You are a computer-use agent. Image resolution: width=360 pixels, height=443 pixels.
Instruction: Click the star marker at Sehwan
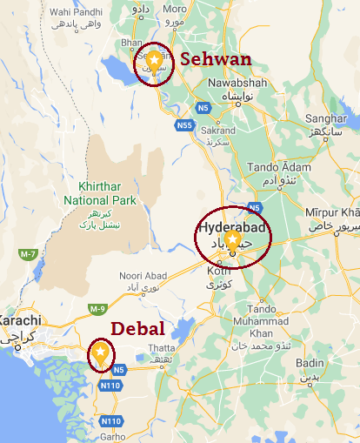click(x=154, y=60)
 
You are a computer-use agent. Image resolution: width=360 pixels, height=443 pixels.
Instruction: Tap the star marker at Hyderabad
click(x=232, y=238)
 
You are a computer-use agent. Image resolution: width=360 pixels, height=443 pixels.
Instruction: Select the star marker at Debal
click(x=100, y=352)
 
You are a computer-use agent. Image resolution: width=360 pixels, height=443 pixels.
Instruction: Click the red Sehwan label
click(x=216, y=59)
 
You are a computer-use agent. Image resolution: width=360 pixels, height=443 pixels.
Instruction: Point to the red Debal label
click(x=137, y=330)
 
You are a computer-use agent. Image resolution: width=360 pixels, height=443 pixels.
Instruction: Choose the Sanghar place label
click(x=327, y=120)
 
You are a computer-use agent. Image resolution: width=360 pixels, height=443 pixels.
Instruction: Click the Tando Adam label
click(x=278, y=167)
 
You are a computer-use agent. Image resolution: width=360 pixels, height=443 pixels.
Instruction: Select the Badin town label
click(x=310, y=363)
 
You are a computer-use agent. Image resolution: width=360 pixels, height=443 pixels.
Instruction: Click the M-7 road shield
click(x=29, y=253)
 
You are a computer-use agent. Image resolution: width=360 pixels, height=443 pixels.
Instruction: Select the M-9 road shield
click(x=97, y=309)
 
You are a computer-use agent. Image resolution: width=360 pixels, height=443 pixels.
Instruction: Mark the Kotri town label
click(x=218, y=272)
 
